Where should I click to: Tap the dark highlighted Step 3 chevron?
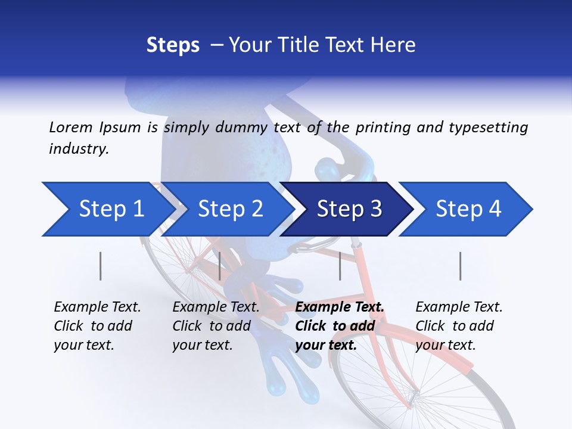click(349, 209)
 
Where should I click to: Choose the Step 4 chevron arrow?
click(468, 209)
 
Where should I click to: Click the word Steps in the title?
click(173, 45)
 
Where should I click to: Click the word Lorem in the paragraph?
click(71, 127)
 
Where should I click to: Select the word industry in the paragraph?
click(78, 149)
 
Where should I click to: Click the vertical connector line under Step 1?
click(101, 266)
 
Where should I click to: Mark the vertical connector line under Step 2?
click(220, 266)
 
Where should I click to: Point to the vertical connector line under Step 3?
click(340, 266)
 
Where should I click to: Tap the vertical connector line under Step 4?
click(461, 266)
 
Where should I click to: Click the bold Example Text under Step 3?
click(340, 307)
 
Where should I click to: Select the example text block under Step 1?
click(97, 326)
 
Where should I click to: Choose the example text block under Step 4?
click(459, 326)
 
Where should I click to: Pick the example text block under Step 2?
click(216, 326)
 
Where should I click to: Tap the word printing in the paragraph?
click(383, 127)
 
